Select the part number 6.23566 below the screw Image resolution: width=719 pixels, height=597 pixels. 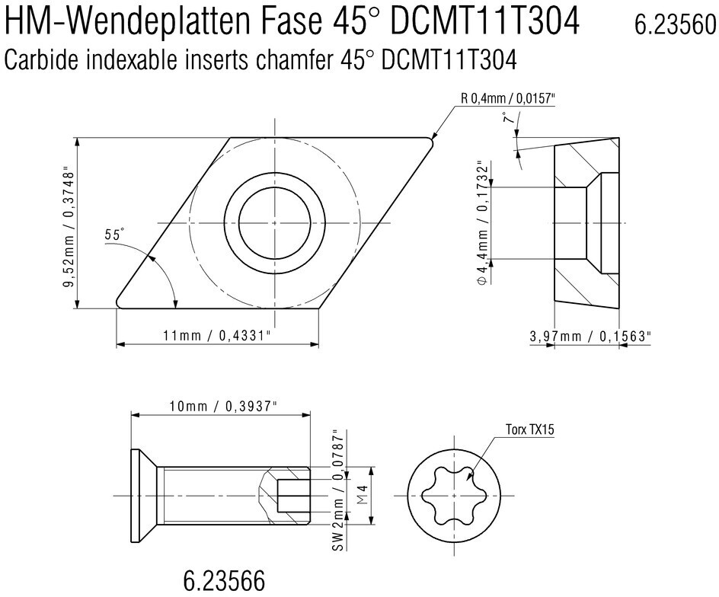click(x=224, y=581)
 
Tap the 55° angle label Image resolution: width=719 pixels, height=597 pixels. click(x=115, y=235)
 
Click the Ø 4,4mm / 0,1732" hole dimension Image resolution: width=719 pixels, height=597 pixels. click(x=482, y=223)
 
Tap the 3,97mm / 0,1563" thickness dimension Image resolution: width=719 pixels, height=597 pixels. click(x=590, y=336)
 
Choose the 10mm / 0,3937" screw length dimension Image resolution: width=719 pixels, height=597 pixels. click(x=223, y=407)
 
